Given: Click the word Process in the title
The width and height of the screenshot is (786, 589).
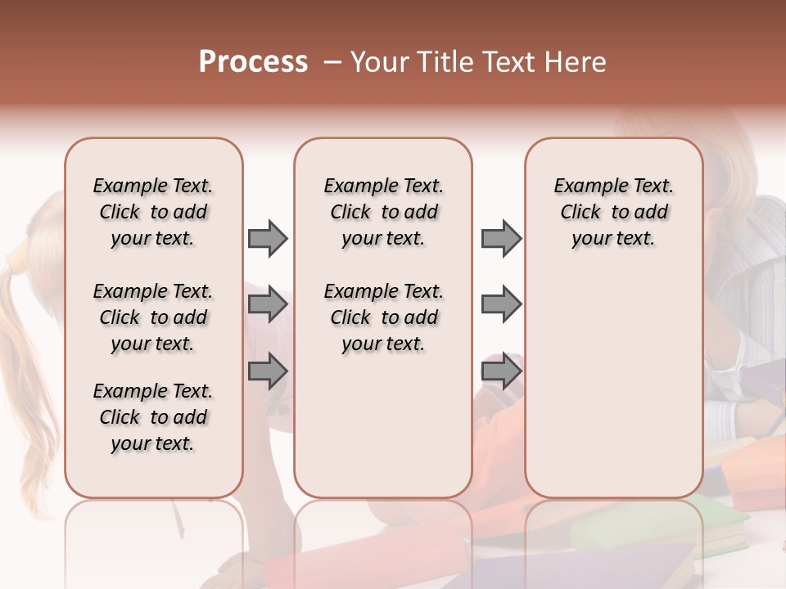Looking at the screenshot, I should [x=253, y=62].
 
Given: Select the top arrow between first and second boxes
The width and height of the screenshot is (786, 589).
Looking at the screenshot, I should [x=268, y=238].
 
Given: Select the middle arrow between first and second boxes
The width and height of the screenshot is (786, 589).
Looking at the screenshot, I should [x=268, y=305].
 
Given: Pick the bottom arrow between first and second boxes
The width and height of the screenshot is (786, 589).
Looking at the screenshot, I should [x=268, y=372].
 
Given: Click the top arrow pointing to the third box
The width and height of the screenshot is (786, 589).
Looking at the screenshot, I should [x=501, y=238].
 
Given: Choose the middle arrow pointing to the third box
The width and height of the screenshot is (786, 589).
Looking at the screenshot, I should [x=501, y=305].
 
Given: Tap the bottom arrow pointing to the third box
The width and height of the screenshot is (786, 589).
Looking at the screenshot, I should [x=501, y=372].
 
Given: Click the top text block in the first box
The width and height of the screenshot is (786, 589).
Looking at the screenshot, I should [x=153, y=212].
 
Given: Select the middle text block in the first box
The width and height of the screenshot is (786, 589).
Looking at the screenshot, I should [x=153, y=317].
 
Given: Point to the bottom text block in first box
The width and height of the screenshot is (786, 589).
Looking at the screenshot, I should [x=153, y=417].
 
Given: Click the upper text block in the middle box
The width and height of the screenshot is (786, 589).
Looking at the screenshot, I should [x=383, y=212].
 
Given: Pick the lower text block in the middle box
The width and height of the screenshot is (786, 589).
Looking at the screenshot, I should [x=383, y=317].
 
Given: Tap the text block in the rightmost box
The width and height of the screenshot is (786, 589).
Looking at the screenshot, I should [x=613, y=212].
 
